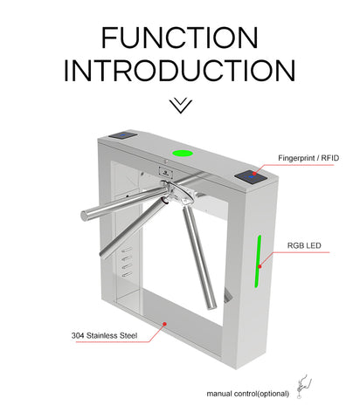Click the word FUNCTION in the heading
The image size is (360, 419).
pyautogui.click(x=180, y=38)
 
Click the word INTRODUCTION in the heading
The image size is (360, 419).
pyautogui.click(x=180, y=71)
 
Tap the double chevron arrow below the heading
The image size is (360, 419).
pyautogui.click(x=181, y=106)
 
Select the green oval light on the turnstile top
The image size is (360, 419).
pyautogui.click(x=183, y=153)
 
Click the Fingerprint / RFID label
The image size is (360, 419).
pyautogui.click(x=308, y=158)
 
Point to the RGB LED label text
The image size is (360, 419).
pyautogui.click(x=304, y=245)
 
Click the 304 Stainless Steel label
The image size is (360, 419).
pyautogui.click(x=104, y=335)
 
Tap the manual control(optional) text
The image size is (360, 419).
pyautogui.click(x=248, y=394)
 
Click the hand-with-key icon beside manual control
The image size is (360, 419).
pyautogui.click(x=303, y=386)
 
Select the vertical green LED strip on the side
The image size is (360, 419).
pyautogui.click(x=258, y=261)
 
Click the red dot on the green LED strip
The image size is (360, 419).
pyautogui.click(x=260, y=266)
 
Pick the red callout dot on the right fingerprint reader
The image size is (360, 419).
pyautogui.click(x=254, y=174)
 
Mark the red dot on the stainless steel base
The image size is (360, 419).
pyautogui.click(x=164, y=324)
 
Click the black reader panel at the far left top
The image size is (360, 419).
pyautogui.click(x=122, y=135)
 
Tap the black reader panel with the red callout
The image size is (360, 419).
pyautogui.click(x=251, y=176)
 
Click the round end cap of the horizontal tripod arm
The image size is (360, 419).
pyautogui.click(x=84, y=216)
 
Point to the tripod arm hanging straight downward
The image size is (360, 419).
pyautogui.click(x=199, y=257)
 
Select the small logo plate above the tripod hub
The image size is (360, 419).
pyautogui.click(x=166, y=172)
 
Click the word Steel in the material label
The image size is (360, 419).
pyautogui.click(x=128, y=335)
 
